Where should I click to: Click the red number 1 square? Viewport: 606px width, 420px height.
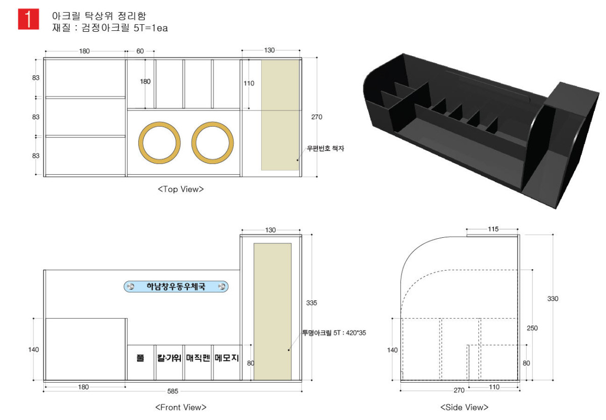[28, 19]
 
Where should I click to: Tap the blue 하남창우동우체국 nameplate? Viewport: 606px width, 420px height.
[176, 286]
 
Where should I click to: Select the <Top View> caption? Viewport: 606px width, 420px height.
[181, 189]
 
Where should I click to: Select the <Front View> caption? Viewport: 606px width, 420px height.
[181, 407]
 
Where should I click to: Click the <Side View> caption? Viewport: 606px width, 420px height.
[465, 407]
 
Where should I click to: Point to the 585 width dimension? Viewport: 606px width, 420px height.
[173, 391]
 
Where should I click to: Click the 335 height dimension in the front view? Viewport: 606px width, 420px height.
[312, 303]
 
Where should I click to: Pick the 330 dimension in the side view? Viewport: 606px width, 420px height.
[552, 298]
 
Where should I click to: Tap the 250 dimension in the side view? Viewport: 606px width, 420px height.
[532, 328]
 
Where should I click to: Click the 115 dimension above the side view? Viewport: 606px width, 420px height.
[493, 229]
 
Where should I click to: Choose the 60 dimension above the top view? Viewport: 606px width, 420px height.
[140, 51]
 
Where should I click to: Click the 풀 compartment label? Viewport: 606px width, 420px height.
[140, 358]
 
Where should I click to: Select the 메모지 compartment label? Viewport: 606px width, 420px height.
[227, 358]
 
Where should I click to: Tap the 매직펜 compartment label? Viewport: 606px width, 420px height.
[198, 358]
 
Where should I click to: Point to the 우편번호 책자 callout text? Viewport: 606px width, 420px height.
[325, 148]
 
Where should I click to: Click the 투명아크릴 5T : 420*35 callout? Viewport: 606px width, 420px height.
[334, 333]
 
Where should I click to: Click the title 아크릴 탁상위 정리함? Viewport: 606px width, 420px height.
[99, 16]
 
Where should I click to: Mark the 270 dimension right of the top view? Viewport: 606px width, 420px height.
[317, 117]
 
